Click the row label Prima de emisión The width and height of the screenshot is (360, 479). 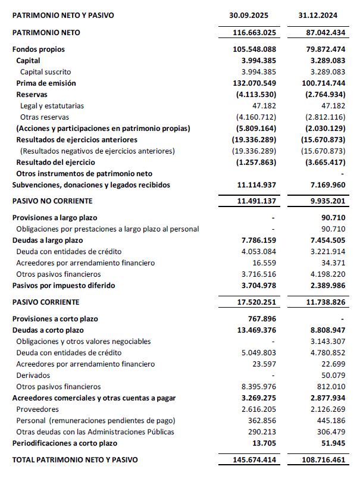pos(46,83)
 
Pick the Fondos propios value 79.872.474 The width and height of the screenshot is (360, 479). pos(321,49)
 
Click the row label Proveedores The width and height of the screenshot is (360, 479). pos(37,409)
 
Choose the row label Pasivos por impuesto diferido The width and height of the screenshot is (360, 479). pos(66,286)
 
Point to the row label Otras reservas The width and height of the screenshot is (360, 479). pos(45,117)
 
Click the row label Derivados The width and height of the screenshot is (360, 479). pos(33,375)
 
